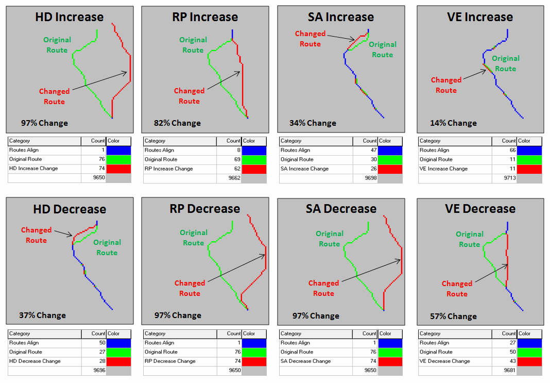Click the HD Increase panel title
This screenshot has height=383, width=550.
point(70,17)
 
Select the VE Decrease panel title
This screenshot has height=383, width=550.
point(480,209)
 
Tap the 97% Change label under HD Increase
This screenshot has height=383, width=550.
point(44,123)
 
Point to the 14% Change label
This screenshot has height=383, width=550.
point(453,123)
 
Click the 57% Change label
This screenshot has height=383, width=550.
point(453,316)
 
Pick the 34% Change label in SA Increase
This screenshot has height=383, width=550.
point(313,123)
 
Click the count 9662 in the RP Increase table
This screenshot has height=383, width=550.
point(233,178)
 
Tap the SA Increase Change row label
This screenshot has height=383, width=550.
point(305,169)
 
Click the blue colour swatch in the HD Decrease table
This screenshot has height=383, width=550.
point(118,343)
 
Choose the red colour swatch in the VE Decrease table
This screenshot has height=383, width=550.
point(529,361)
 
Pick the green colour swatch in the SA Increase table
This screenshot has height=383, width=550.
point(390,159)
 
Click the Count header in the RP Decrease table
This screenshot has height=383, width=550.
point(233,334)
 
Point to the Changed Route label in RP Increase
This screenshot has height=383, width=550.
point(189,96)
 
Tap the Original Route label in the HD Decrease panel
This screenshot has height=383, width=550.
point(107,247)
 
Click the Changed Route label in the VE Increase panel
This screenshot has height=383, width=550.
point(446,85)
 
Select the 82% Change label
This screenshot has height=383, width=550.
point(177,123)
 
